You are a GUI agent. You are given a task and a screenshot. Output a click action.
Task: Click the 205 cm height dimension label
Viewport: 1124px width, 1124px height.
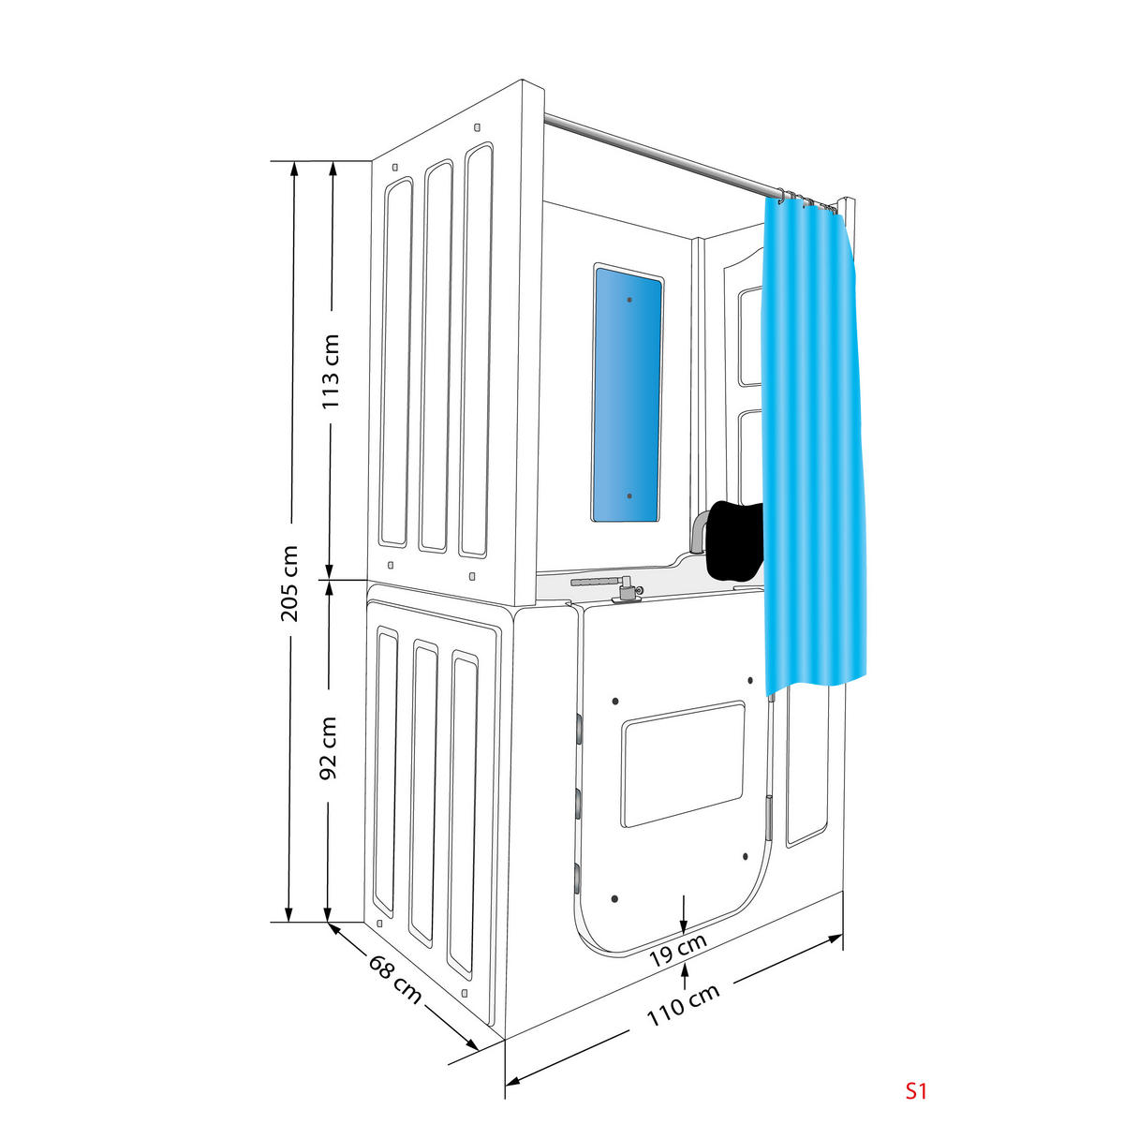pyautogui.click(x=289, y=583)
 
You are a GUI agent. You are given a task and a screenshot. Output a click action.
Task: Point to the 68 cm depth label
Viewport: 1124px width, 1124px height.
pyautogui.click(x=394, y=978)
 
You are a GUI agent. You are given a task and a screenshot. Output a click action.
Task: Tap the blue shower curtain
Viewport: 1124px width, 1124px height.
pyautogui.click(x=815, y=450)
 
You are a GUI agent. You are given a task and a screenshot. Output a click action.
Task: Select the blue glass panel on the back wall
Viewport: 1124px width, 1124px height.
pyautogui.click(x=628, y=393)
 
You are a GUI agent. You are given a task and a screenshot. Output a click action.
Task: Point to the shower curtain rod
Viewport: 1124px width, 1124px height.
pyautogui.click(x=656, y=155)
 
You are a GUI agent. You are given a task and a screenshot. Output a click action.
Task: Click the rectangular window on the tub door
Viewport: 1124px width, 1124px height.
pyautogui.click(x=684, y=763)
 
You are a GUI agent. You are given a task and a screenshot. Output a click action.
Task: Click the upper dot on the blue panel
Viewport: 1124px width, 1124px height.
pyautogui.click(x=629, y=300)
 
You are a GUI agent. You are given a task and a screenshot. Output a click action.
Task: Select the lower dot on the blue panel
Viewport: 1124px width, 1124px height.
pyautogui.click(x=629, y=495)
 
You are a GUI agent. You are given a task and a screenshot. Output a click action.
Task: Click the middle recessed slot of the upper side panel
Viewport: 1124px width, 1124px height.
pyautogui.click(x=436, y=356)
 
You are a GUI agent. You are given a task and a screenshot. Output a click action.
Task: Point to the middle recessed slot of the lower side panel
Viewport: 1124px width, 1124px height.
pyautogui.click(x=422, y=791)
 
